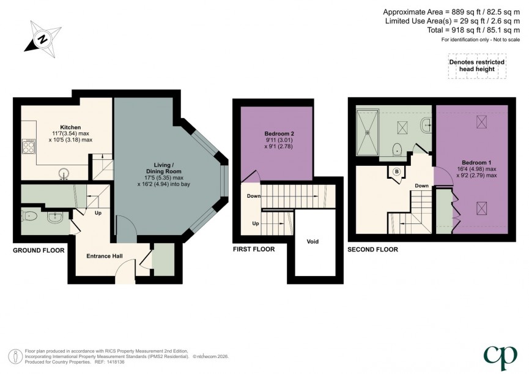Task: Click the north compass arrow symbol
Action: [x=41, y=38]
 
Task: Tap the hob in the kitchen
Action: [x=28, y=146]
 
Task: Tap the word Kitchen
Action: [x=71, y=127]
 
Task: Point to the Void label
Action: [x=313, y=241]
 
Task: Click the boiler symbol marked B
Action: [x=396, y=171]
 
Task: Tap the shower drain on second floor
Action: [x=368, y=129]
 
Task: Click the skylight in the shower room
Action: [x=403, y=127]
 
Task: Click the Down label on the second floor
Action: [x=421, y=185]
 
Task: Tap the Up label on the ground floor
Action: [x=97, y=214]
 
